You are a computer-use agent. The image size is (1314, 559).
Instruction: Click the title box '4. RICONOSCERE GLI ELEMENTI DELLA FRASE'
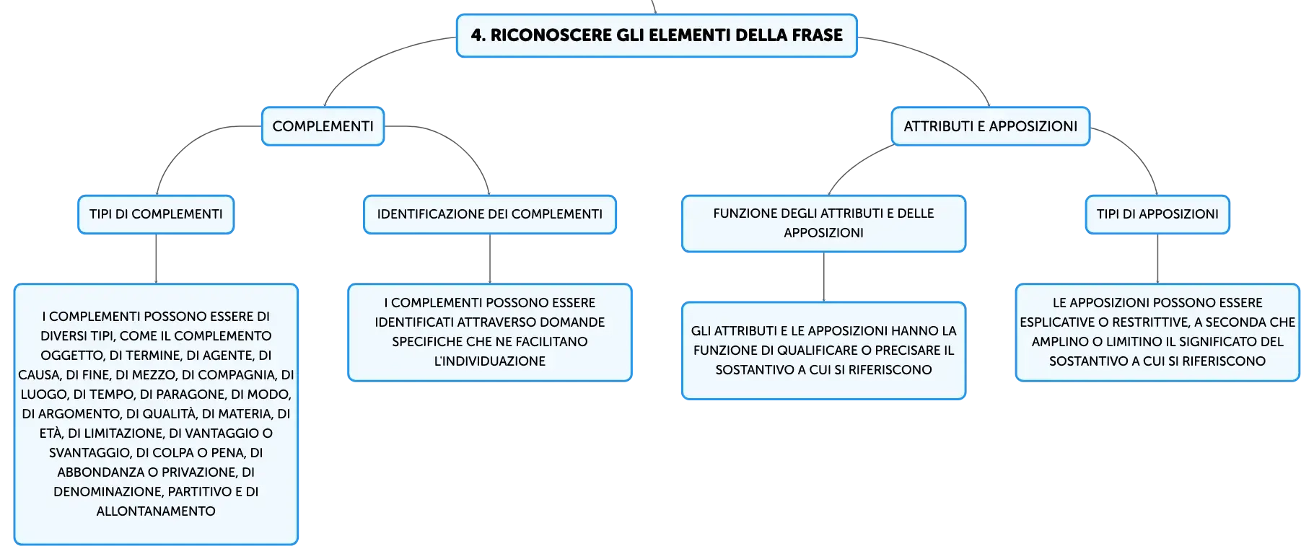pyautogui.click(x=657, y=35)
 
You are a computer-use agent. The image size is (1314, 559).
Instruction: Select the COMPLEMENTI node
pyautogui.click(x=323, y=126)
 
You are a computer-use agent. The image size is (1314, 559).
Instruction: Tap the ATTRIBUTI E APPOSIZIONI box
pyautogui.click(x=990, y=126)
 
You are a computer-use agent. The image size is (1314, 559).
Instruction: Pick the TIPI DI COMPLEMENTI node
pyautogui.click(x=156, y=214)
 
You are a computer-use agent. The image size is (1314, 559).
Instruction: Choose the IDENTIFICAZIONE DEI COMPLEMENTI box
pyautogui.click(x=489, y=214)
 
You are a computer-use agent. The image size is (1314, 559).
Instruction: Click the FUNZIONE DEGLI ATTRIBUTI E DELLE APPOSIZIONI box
pyautogui.click(x=823, y=224)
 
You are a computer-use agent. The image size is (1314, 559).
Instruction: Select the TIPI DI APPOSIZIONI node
pyautogui.click(x=1157, y=214)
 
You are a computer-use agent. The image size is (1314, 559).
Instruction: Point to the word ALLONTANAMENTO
pyautogui.click(x=156, y=511)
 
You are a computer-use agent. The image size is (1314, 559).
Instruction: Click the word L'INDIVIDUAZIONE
pyautogui.click(x=489, y=361)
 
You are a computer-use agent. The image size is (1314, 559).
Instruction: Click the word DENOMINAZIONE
pyautogui.click(x=108, y=492)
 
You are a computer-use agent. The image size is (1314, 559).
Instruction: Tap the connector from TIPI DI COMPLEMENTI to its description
pyautogui.click(x=156, y=259)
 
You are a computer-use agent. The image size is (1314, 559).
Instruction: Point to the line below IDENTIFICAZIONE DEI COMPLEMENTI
pyautogui.click(x=490, y=259)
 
